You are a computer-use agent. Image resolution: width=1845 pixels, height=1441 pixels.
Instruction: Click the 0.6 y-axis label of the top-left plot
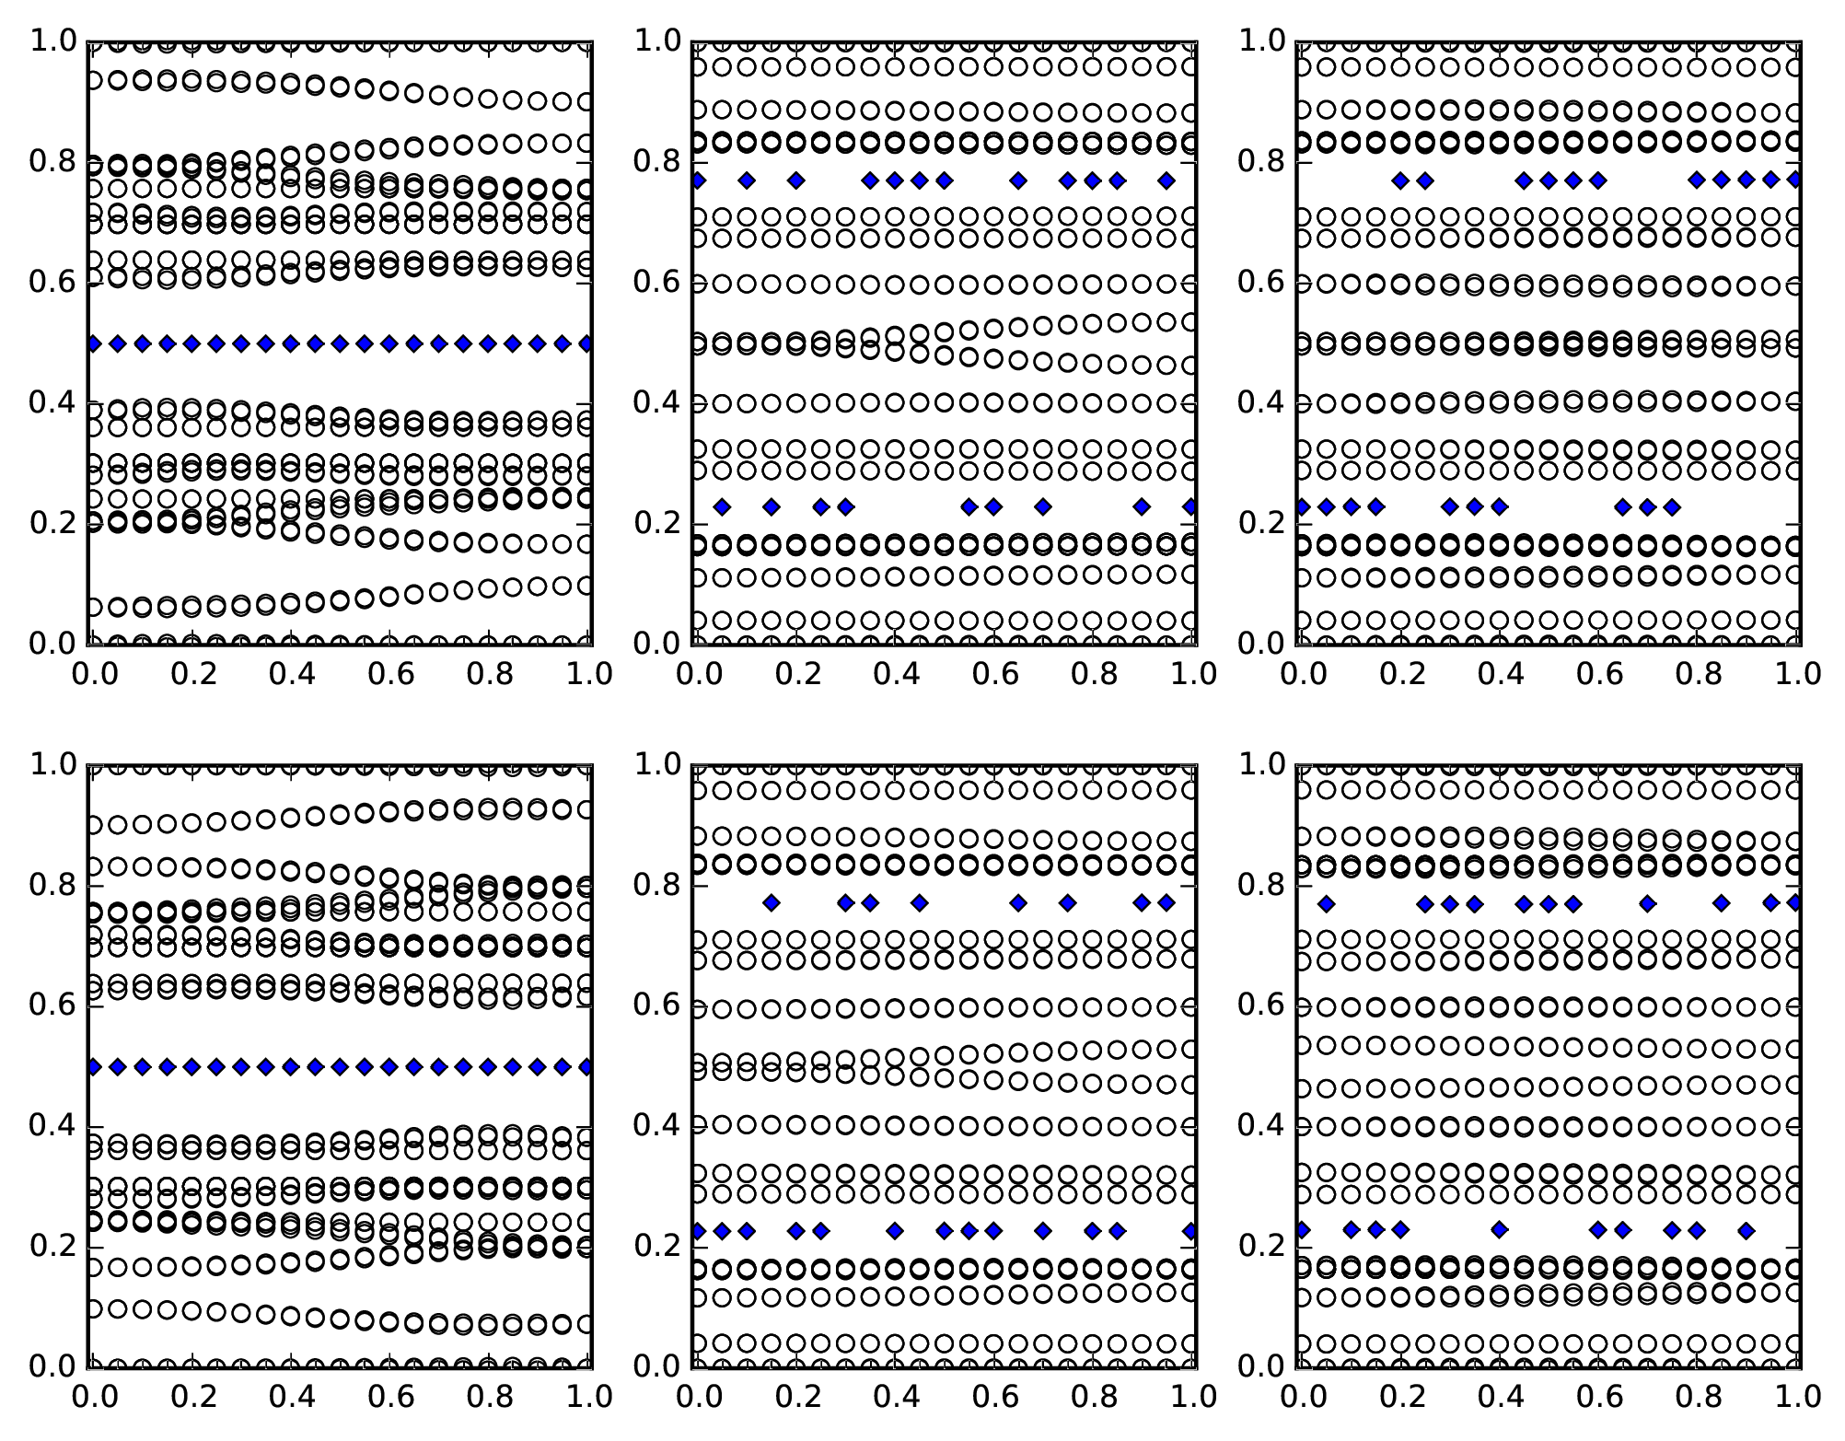(x=54, y=282)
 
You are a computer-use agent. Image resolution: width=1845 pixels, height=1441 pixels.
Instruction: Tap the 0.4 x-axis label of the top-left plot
(x=291, y=675)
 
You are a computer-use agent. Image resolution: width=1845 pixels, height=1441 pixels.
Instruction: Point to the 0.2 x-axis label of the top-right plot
(x=1401, y=675)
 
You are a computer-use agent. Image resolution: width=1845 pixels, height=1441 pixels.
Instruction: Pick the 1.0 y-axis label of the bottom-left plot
(x=54, y=764)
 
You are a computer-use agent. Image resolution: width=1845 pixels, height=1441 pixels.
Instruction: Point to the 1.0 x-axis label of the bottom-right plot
(x=1796, y=1398)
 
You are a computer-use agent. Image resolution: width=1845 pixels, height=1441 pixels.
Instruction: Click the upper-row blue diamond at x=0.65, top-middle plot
(x=1018, y=180)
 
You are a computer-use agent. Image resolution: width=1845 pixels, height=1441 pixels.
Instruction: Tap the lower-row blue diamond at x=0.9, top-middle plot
(x=1142, y=506)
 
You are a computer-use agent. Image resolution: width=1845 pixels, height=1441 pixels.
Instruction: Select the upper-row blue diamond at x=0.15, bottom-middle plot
(x=772, y=903)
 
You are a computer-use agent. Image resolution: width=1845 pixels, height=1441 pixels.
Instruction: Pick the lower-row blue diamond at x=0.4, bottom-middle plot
(x=895, y=1230)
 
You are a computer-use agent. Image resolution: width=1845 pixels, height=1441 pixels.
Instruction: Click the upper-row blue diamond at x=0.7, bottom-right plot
(x=1648, y=904)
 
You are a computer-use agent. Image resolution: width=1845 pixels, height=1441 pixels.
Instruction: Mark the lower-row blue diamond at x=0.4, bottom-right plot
(x=1500, y=1229)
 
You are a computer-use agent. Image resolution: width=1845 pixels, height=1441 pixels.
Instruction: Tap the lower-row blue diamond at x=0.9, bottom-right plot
(x=1746, y=1230)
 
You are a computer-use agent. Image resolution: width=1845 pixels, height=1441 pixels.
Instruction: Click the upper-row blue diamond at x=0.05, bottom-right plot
(x=1326, y=904)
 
